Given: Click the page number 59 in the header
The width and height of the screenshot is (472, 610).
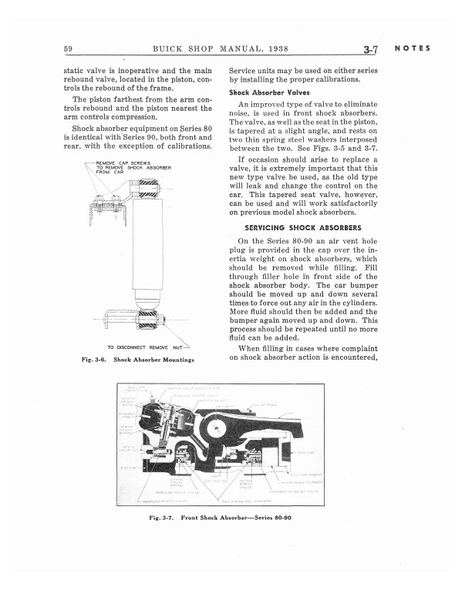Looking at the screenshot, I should [69, 51].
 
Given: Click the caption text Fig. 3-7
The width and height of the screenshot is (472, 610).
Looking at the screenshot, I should [162, 517].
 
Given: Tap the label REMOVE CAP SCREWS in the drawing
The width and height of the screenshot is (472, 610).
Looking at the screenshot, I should [123, 163].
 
